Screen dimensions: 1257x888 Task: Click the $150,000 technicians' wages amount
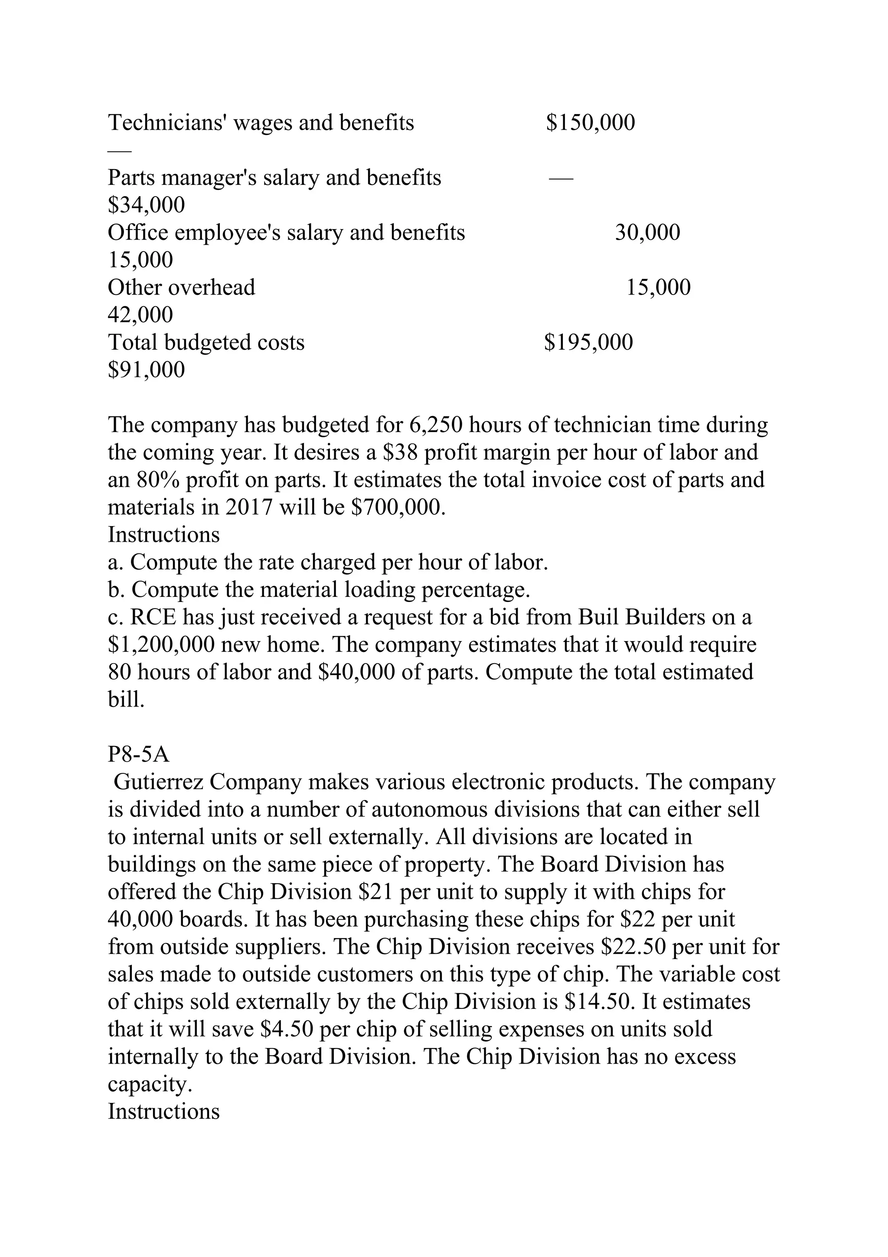click(591, 123)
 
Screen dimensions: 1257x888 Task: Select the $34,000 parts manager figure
click(146, 205)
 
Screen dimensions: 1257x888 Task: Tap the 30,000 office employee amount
click(647, 232)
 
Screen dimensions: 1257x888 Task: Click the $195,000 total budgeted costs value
click(589, 343)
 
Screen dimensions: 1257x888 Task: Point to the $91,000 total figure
click(146, 370)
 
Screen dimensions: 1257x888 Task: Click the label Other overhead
click(181, 288)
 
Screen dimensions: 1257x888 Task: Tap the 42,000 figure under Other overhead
click(140, 315)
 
